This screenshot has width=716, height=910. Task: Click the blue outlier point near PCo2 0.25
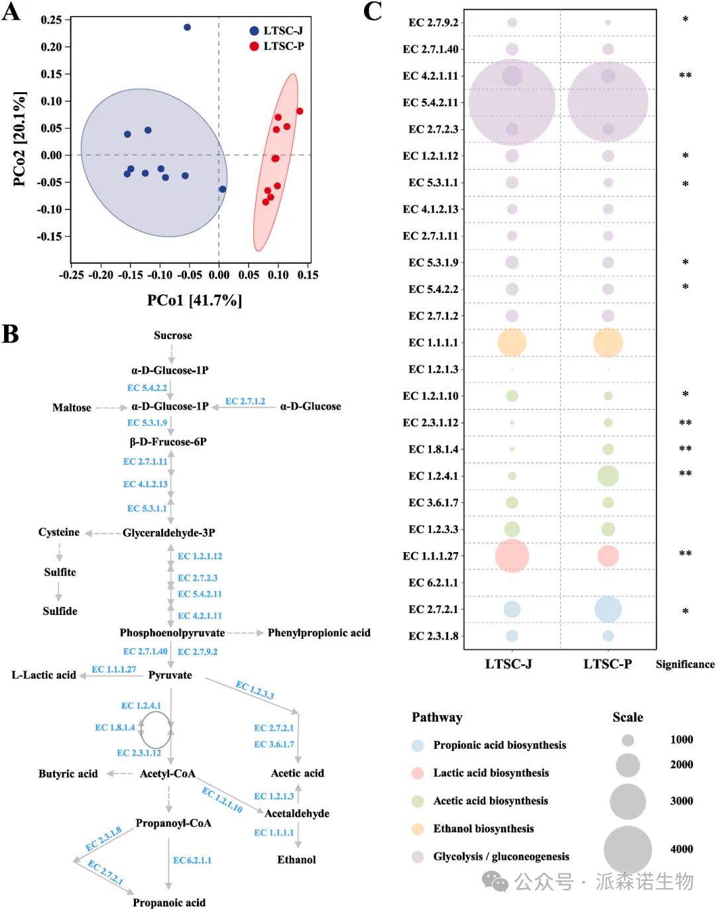[187, 27]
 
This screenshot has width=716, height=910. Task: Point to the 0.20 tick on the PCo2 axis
[51, 47]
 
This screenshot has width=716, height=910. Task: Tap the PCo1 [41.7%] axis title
[194, 300]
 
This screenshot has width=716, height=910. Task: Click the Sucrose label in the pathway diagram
[173, 335]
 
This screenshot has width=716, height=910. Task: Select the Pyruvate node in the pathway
[170, 675]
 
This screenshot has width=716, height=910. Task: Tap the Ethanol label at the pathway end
[296, 860]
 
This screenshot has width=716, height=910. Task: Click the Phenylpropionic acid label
[319, 633]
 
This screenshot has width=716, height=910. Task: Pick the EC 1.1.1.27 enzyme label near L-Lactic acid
[114, 669]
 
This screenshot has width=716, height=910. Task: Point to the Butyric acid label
[68, 773]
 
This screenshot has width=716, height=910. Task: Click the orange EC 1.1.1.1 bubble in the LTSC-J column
[512, 343]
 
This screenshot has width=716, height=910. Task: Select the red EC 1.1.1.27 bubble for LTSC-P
[608, 556]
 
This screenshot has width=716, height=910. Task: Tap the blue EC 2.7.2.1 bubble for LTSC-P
[608, 609]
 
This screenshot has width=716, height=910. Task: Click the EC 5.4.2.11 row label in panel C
[430, 103]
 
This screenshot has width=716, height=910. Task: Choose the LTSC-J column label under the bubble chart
[508, 664]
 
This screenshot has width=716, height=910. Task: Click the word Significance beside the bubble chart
[685, 664]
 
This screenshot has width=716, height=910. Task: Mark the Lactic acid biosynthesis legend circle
[418, 773]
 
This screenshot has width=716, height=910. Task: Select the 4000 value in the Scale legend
[682, 849]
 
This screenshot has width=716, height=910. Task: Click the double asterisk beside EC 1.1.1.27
[685, 554]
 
